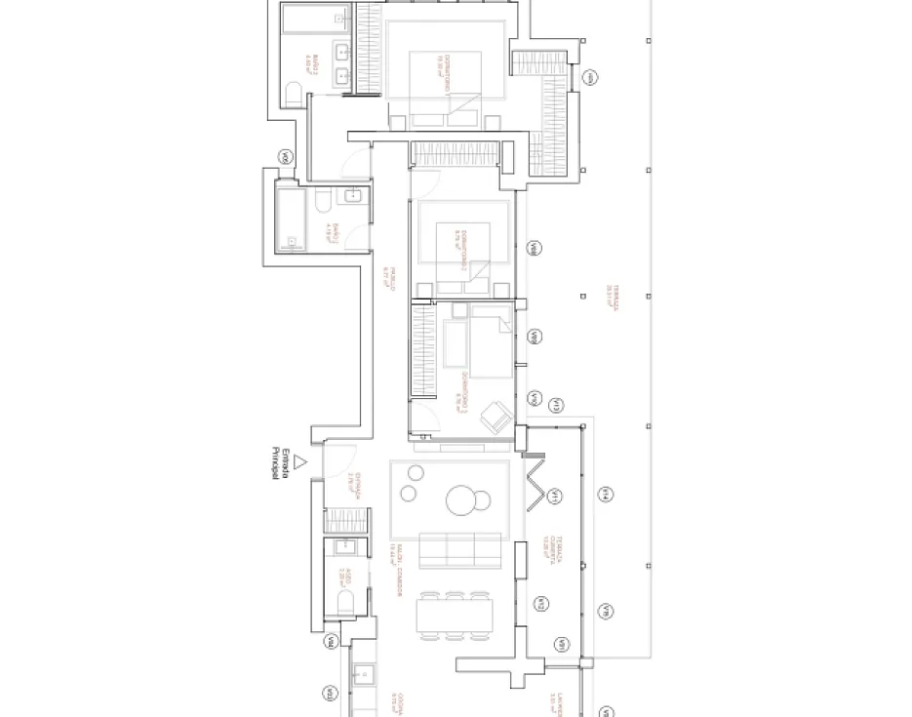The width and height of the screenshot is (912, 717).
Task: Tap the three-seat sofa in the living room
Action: pos(461,549)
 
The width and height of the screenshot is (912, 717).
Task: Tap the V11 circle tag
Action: pos(553,498)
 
